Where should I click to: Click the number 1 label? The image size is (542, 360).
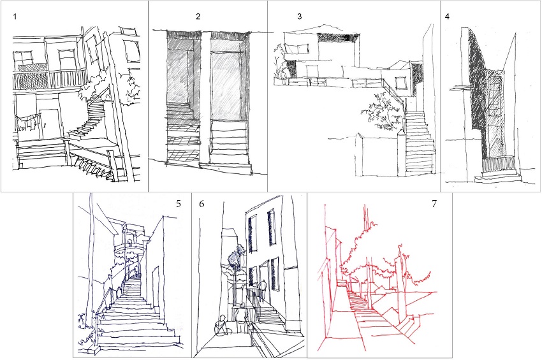[x=15, y=17]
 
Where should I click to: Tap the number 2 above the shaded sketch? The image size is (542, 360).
[x=198, y=17]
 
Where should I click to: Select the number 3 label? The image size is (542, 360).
[x=299, y=17]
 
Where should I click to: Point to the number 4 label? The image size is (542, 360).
[x=447, y=17]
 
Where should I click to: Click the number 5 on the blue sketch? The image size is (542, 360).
[x=179, y=204]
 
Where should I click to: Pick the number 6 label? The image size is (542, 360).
[x=201, y=204]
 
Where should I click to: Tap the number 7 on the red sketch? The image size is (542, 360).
[x=434, y=204]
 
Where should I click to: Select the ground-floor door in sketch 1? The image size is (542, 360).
[x=50, y=124]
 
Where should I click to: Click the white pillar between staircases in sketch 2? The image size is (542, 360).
[x=205, y=99]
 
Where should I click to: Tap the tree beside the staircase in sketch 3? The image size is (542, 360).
[x=383, y=112]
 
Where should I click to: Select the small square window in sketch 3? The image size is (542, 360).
[x=400, y=83]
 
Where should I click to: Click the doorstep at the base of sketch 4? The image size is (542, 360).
[x=498, y=178]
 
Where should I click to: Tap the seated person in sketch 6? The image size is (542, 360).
[x=222, y=326]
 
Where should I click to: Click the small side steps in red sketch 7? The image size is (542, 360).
[x=408, y=325]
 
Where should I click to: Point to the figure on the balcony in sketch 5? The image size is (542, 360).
[x=129, y=243]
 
